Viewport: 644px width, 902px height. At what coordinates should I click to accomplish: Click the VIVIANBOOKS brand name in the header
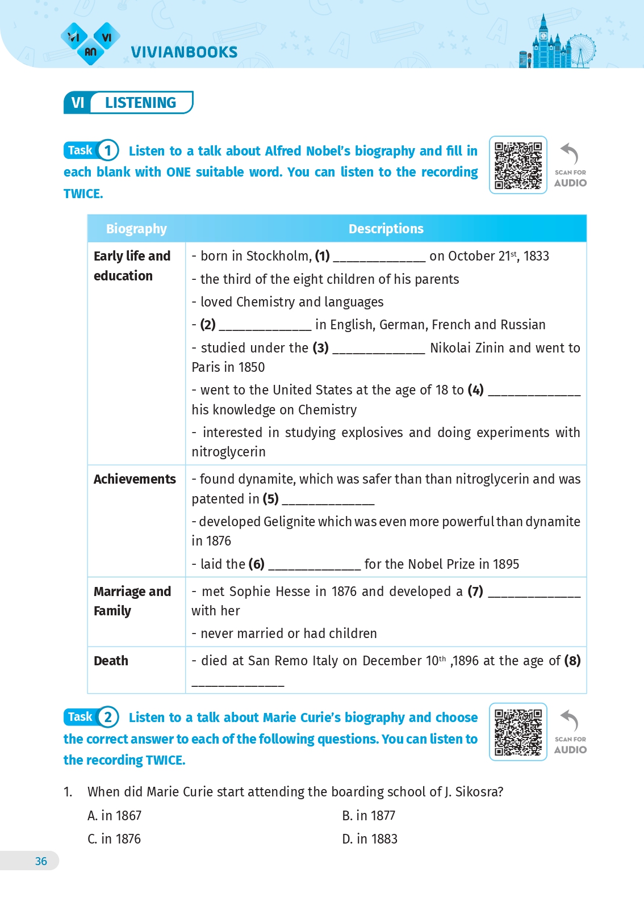(x=184, y=52)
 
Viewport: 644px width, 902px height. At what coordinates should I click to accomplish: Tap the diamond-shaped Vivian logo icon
(x=90, y=44)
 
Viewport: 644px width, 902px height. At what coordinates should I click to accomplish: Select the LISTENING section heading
(x=140, y=103)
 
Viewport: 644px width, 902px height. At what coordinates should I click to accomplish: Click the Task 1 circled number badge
(x=108, y=150)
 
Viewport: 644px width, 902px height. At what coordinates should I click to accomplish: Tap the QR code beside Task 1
(x=518, y=165)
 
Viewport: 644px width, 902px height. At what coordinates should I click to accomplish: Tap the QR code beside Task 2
(x=518, y=732)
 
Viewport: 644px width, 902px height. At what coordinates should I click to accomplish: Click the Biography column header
(x=136, y=229)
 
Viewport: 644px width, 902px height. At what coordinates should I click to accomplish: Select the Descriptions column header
(x=386, y=229)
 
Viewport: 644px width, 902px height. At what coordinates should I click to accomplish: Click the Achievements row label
(x=135, y=479)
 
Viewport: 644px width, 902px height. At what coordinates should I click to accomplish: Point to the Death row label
(x=111, y=661)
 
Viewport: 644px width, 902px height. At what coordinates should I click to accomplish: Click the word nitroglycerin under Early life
(x=228, y=452)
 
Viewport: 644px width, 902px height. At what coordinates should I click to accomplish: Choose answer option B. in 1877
(x=369, y=816)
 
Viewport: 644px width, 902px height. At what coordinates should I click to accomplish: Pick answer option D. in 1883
(x=370, y=839)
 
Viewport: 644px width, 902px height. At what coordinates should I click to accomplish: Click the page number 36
(x=41, y=861)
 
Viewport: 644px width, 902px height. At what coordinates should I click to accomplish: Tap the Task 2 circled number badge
(x=108, y=717)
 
